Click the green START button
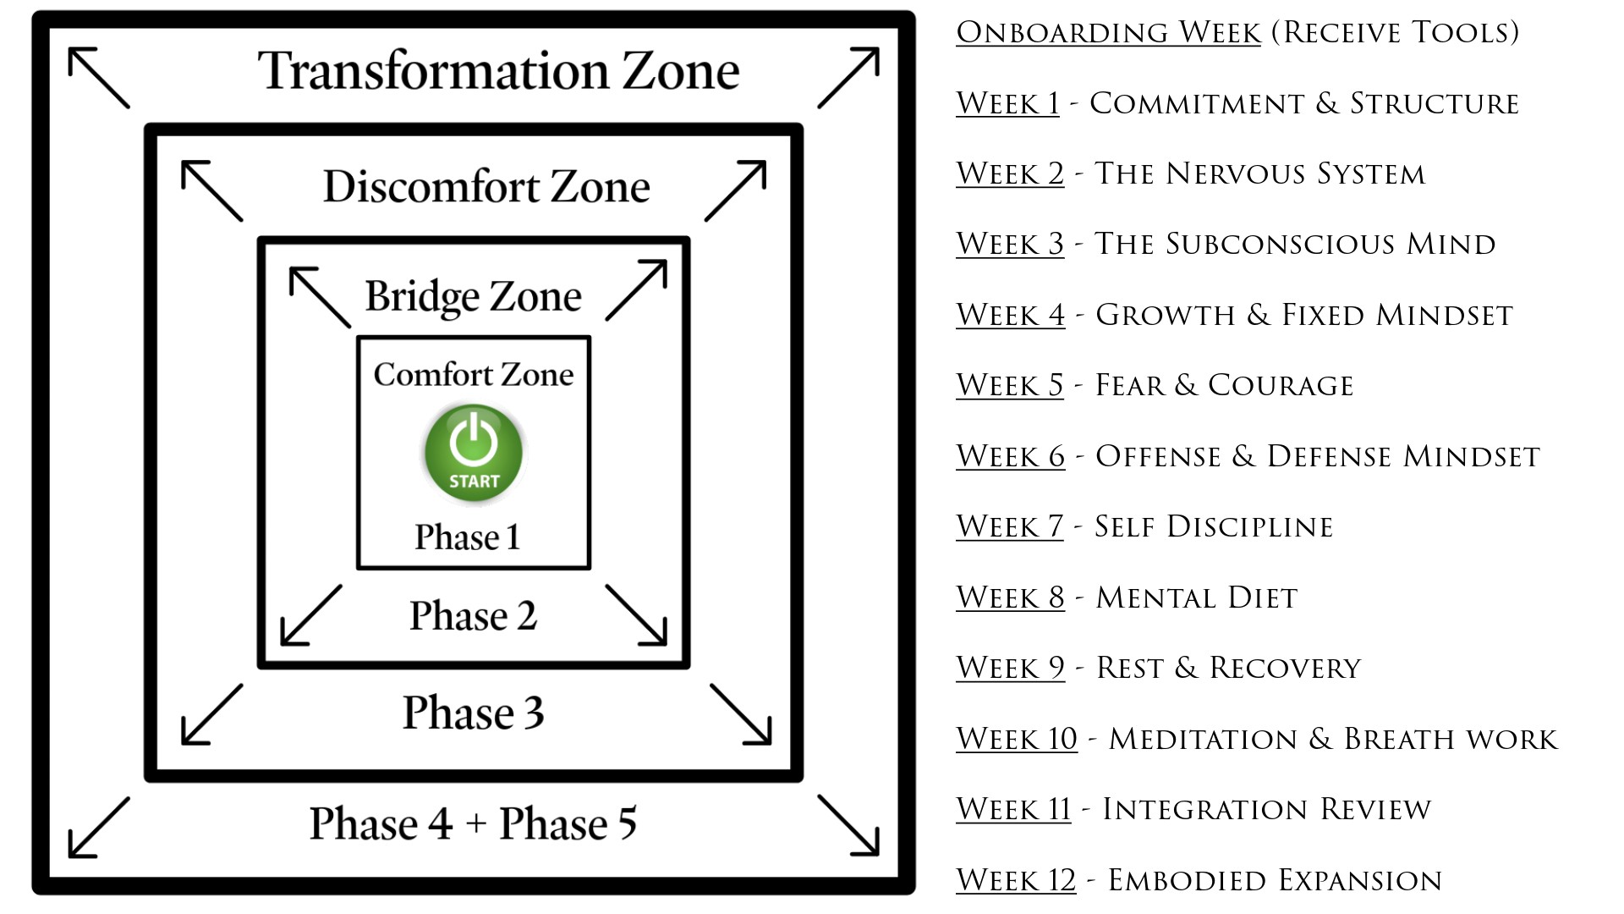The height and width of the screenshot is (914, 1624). [474, 452]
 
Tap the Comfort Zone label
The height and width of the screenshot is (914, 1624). [474, 374]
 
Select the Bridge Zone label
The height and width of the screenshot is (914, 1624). [473, 296]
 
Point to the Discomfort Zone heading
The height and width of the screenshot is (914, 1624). [486, 187]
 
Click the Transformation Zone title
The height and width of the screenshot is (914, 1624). [498, 70]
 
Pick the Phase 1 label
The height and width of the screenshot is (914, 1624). [467, 537]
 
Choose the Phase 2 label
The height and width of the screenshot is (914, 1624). [473, 615]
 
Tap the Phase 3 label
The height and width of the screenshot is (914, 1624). [473, 713]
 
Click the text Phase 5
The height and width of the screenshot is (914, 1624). [568, 823]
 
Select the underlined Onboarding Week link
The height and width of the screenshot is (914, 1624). [1108, 33]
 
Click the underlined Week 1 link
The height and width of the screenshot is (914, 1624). [1007, 103]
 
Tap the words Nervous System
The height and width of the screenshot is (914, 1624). [1295, 174]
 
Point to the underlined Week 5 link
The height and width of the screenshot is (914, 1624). [1010, 386]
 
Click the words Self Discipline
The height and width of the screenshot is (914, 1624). [1214, 527]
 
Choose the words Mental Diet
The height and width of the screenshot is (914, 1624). [1196, 598]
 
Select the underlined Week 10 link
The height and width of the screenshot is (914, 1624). [1017, 739]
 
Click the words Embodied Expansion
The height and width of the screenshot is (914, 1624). [1275, 881]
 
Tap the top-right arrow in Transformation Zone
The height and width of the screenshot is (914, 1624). [848, 78]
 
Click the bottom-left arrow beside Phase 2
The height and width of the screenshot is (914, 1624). [311, 615]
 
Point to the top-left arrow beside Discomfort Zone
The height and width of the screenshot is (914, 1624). [212, 191]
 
